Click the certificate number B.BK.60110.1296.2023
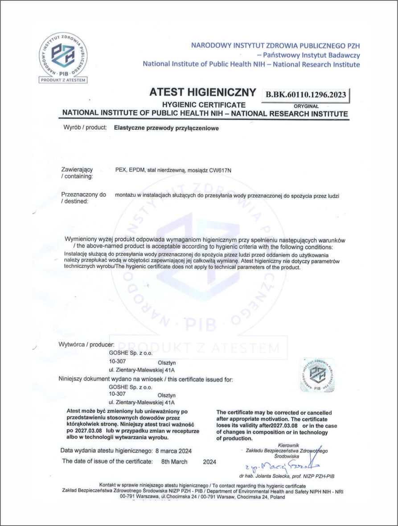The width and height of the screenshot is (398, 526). (306, 94)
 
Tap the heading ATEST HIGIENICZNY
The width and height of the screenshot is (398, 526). (203, 93)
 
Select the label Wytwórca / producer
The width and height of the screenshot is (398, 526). (86, 344)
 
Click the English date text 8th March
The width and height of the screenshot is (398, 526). (174, 462)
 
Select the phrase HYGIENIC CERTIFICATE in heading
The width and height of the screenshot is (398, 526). (197, 105)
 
